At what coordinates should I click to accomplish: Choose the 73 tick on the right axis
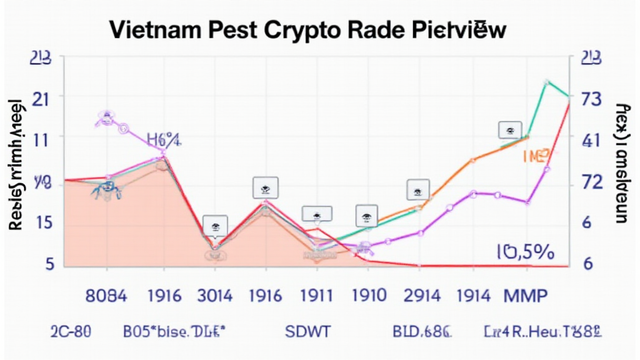[591, 99]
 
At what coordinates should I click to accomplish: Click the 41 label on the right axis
[591, 141]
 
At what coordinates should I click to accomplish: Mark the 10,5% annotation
[525, 252]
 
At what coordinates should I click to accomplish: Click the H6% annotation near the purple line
[164, 139]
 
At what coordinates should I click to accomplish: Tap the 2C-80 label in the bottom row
[70, 331]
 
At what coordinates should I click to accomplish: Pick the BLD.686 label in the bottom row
[421, 331]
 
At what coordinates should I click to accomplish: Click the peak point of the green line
[547, 82]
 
